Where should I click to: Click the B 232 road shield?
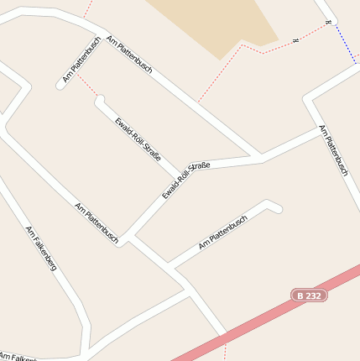[309, 295]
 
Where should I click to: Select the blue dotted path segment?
[344, 42]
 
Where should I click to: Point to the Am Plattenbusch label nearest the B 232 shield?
[222, 233]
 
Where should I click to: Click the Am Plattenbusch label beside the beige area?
[130, 54]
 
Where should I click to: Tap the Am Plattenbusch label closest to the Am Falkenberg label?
[97, 222]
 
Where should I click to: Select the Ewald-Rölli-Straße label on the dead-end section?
[136, 138]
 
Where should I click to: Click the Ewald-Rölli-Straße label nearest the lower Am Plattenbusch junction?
[185, 180]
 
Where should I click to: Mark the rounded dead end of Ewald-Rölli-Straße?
[100, 101]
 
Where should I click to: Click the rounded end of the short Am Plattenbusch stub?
[60, 85]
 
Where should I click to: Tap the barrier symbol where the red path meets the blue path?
[330, 23]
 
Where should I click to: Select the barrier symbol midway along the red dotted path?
[295, 40]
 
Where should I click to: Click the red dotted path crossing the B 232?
[224, 339]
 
